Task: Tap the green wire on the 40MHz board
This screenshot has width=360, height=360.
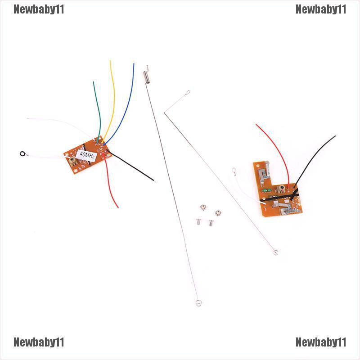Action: (x=96, y=108)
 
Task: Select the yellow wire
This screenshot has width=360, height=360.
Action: (x=112, y=90)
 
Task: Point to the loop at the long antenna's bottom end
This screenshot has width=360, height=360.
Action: (x=198, y=303)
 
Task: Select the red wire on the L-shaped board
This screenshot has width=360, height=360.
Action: (x=279, y=148)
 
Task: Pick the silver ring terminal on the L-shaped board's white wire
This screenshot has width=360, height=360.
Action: (x=234, y=170)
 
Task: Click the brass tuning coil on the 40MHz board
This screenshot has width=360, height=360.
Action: (x=72, y=160)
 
